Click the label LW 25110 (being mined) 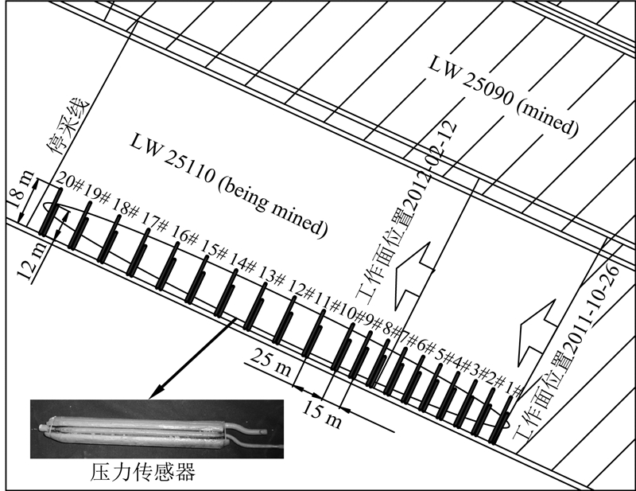[231, 184]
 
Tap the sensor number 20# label [69, 185]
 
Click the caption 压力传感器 [142, 473]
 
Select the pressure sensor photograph [156, 429]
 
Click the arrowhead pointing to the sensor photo [156, 390]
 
